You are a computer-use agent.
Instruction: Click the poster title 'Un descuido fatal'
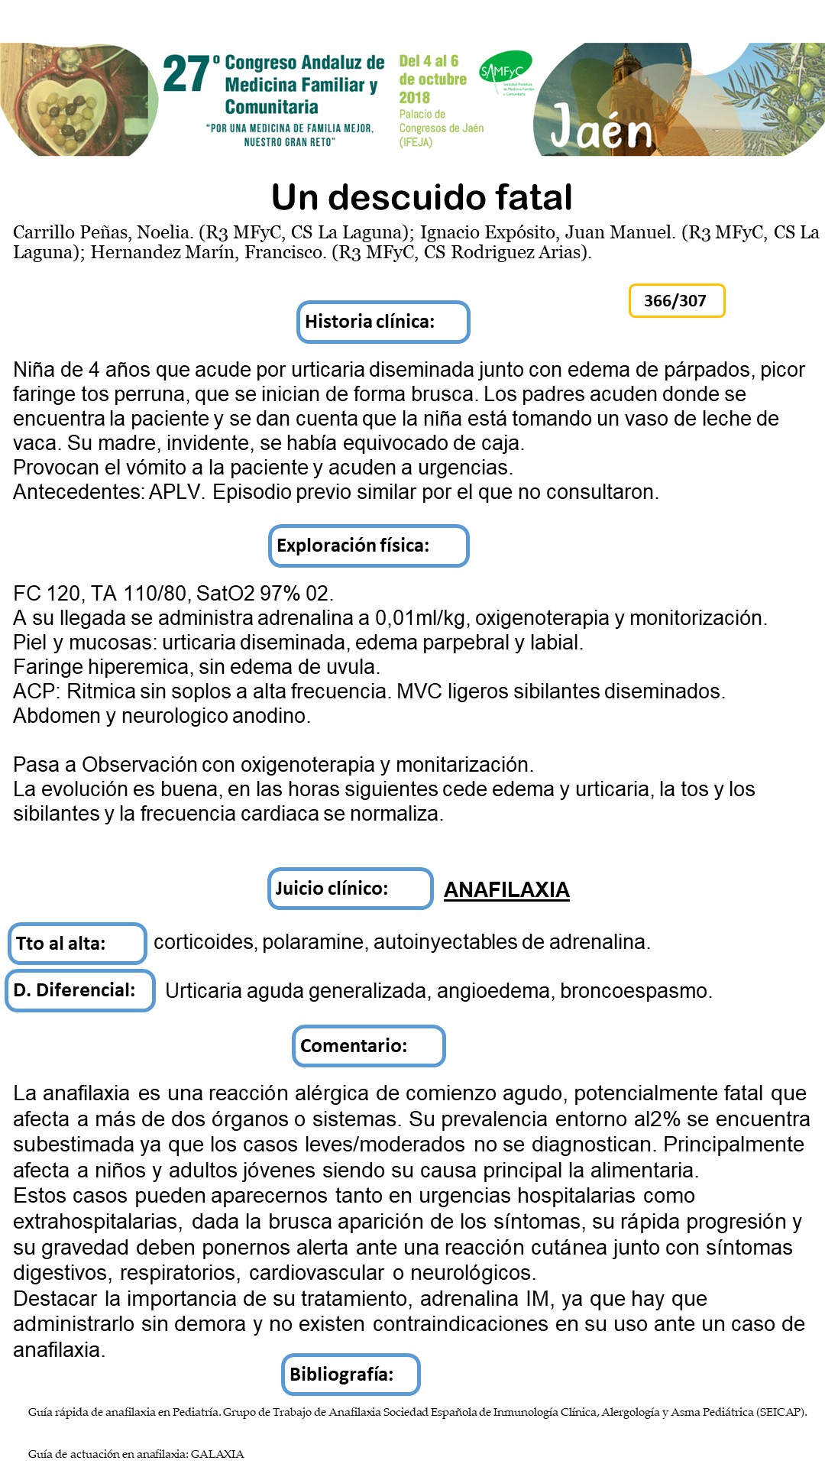422,197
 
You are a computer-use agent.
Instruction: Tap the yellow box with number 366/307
676,300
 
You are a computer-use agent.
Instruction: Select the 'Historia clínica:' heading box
383,322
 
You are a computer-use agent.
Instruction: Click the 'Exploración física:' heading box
368,546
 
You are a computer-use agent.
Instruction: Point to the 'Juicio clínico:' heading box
350,889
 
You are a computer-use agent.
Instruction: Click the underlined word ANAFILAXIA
506,890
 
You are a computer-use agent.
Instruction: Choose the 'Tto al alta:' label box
76,944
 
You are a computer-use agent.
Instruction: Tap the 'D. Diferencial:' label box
80,990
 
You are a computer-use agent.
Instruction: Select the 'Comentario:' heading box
368,1046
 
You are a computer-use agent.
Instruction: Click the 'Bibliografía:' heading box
351,1375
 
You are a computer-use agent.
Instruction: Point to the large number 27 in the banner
186,75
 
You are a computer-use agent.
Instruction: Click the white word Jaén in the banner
601,128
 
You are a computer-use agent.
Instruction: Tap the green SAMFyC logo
504,72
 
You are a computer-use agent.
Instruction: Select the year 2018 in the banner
414,98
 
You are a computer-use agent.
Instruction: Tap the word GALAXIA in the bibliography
217,1454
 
